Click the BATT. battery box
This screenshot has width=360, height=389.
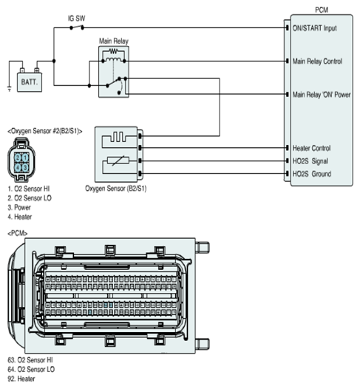[30, 82]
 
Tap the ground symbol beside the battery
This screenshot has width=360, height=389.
[10, 89]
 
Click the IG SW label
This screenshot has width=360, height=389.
[77, 18]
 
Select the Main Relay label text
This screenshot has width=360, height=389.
[114, 41]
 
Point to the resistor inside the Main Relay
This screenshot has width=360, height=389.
[114, 51]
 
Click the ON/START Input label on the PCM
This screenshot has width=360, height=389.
[315, 28]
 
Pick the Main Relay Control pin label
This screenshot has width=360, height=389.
[317, 61]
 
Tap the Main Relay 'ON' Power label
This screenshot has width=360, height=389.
[322, 95]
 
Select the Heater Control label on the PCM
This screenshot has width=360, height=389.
[312, 148]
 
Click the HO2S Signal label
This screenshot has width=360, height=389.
[310, 161]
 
